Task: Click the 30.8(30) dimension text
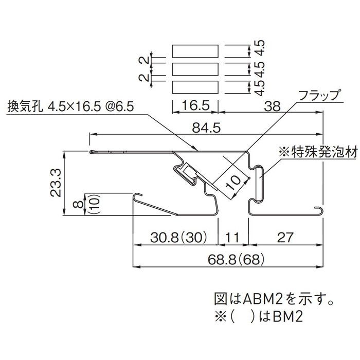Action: [x=178, y=238]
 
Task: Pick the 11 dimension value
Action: [x=233, y=238]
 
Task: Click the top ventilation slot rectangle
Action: [x=195, y=51]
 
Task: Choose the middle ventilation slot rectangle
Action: [x=195, y=69]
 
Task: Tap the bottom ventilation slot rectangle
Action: [x=195, y=86]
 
